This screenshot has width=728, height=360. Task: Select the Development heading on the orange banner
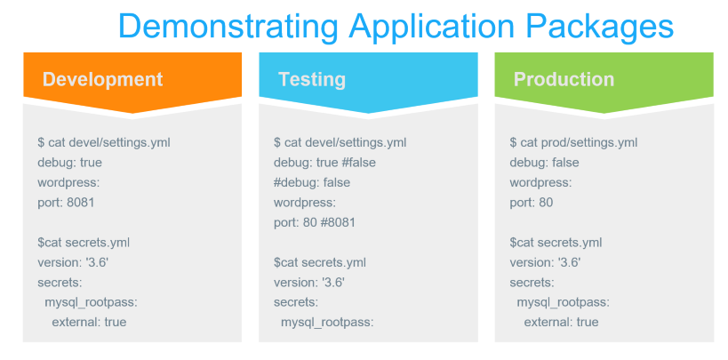click(102, 79)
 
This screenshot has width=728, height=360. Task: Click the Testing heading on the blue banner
click(312, 79)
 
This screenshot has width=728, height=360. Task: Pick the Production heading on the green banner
click(564, 79)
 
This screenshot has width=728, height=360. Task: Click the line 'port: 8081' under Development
click(66, 203)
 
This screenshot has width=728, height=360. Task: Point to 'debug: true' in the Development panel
click(69, 163)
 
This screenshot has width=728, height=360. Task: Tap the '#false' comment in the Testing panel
click(359, 163)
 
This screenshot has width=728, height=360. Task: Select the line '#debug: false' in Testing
click(312, 182)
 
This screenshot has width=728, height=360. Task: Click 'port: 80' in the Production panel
click(532, 203)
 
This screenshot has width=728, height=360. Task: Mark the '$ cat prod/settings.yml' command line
click(573, 142)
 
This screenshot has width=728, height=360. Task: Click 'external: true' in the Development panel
click(89, 323)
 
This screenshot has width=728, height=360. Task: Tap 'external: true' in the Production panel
click(561, 323)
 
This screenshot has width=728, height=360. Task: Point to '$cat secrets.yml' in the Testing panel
click(320, 262)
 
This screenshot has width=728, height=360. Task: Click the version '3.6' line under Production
click(546, 262)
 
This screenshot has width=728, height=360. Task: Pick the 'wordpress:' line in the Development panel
click(68, 183)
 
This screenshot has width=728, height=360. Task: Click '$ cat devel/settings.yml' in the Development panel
click(104, 142)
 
